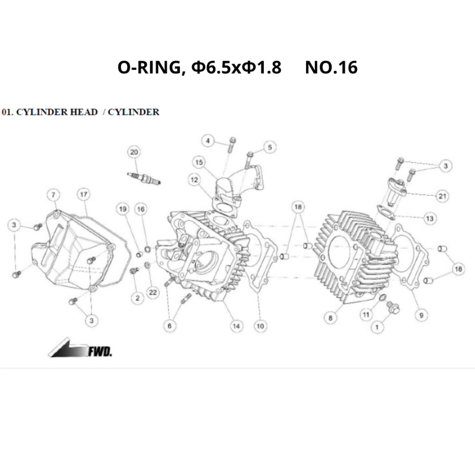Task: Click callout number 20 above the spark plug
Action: pyautogui.click(x=134, y=152)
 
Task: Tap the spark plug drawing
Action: pyautogui.click(x=144, y=178)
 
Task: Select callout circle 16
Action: pyautogui.click(x=141, y=209)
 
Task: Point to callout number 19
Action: pyautogui.click(x=122, y=209)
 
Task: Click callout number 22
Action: pyautogui.click(x=153, y=292)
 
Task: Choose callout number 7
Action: pyautogui.click(x=54, y=194)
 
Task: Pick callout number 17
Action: pyautogui.click(x=84, y=194)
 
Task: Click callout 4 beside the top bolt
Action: pyautogui.click(x=208, y=141)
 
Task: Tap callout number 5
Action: pyautogui.click(x=270, y=147)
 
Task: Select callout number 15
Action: pyautogui.click(x=199, y=162)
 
